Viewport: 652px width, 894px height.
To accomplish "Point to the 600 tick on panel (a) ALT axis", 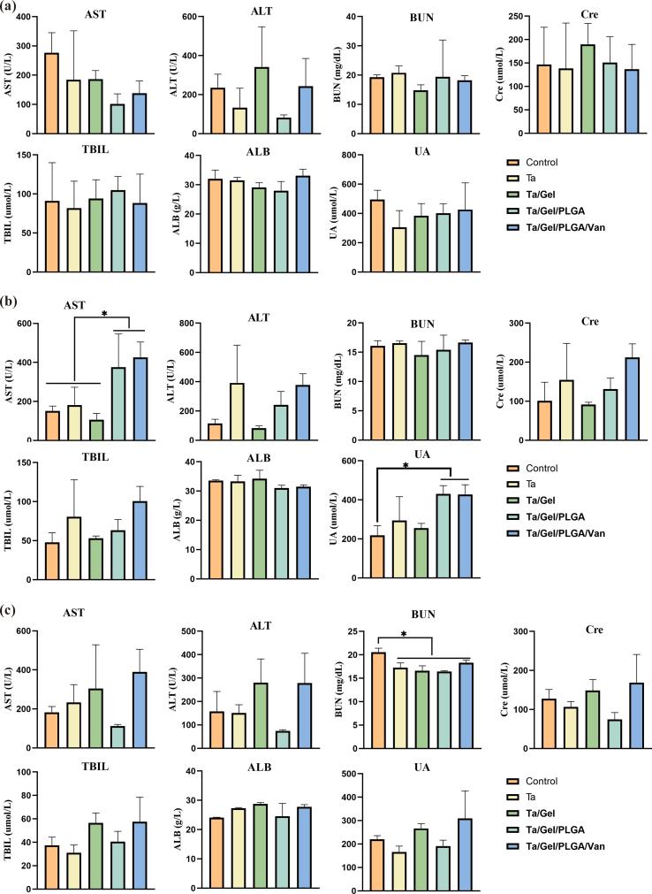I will [x=184, y=17].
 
